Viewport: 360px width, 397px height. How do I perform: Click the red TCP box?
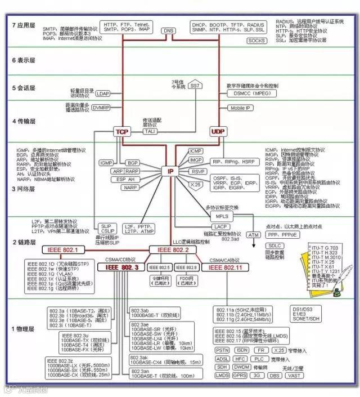point(122,131)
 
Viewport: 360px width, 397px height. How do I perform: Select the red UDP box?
point(217,131)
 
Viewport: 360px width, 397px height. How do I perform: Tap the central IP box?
point(170,170)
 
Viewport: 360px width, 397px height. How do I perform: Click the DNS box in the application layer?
point(168,30)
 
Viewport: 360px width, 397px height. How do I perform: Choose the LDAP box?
point(103,93)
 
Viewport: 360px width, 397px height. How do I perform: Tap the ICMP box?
point(196,151)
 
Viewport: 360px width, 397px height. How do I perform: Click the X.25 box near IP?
point(195,184)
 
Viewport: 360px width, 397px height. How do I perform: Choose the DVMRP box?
point(101,108)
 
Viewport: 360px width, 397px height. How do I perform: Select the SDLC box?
point(274,246)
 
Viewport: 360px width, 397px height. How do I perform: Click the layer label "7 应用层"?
point(24,26)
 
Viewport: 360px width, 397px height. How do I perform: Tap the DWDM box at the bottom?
point(242,367)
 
